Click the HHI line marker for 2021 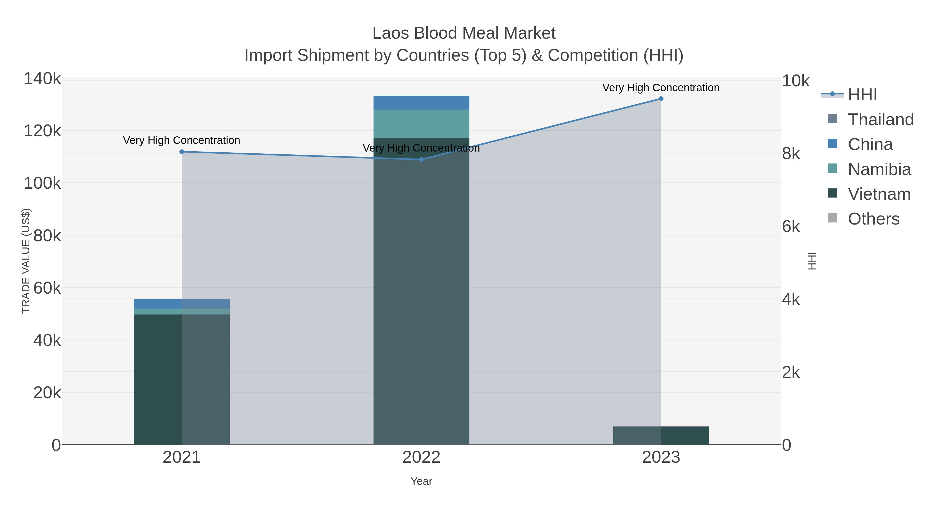pos(181,152)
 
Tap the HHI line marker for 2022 pos(421,159)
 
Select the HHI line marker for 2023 pos(661,98)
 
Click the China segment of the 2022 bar pos(421,102)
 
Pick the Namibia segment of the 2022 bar pos(421,123)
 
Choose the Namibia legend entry pos(879,169)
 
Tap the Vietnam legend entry pos(879,194)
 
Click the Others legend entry pos(873,219)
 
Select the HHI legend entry pos(862,95)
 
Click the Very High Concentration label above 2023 pos(661,88)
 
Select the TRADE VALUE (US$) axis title pos(26,261)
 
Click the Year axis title pos(421,481)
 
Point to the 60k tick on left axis pos(47,288)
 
